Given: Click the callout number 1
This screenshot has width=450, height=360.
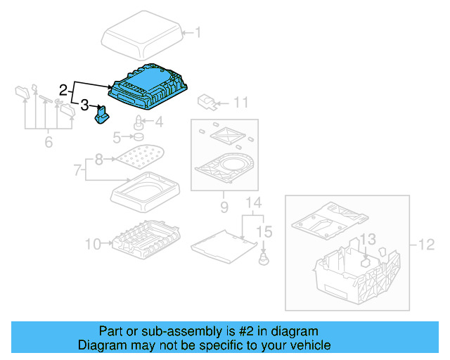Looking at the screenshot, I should coord(198,32).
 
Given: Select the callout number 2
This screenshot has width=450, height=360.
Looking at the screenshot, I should coord(63,90).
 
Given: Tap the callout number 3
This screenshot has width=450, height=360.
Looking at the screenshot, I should coord(84,106).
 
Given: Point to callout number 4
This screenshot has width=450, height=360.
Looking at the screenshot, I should coord(159,122).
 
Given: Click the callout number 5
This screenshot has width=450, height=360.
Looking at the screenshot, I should coord(117,136).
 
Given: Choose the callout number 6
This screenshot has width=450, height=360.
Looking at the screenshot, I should coord(48,142).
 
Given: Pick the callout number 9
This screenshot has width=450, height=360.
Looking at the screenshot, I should coord(224,207).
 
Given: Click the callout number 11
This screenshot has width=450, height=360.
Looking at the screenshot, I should coord(240,103).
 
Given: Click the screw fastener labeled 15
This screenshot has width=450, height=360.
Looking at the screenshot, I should coord(263,259).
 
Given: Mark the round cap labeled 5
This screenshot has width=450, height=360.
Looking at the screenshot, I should coord(139,136).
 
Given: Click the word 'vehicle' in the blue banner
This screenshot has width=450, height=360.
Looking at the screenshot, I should coord(307,345).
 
